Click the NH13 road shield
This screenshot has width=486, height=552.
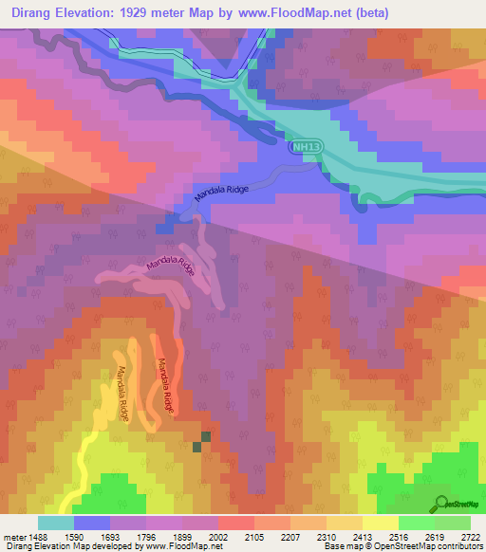(x=303, y=148)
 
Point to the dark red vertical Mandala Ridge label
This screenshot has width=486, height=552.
(x=167, y=387)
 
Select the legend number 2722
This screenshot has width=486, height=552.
(x=470, y=536)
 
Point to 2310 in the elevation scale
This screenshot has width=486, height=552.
(x=327, y=536)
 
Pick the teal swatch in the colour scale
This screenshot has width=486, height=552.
(x=55, y=523)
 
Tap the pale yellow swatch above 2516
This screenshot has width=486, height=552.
(x=380, y=523)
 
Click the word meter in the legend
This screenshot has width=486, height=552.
(x=11, y=536)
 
